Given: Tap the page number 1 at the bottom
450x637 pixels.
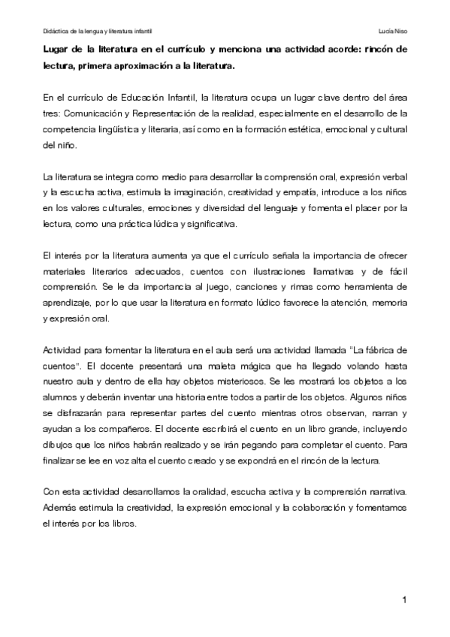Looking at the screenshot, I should [x=403, y=599].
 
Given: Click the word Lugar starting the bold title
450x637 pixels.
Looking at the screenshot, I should [x=56, y=50].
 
